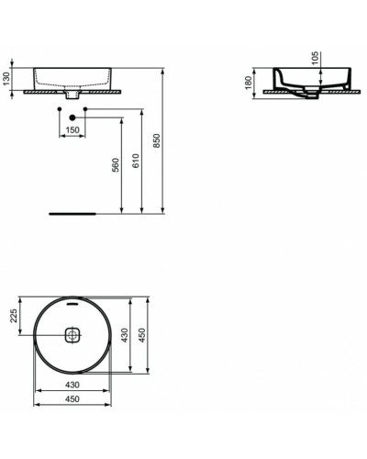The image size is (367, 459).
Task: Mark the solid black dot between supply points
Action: click(x=72, y=117)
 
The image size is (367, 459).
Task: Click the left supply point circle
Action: click(x=60, y=110)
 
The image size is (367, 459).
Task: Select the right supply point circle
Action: click(x=85, y=110)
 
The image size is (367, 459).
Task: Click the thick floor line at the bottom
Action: click(x=72, y=211)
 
